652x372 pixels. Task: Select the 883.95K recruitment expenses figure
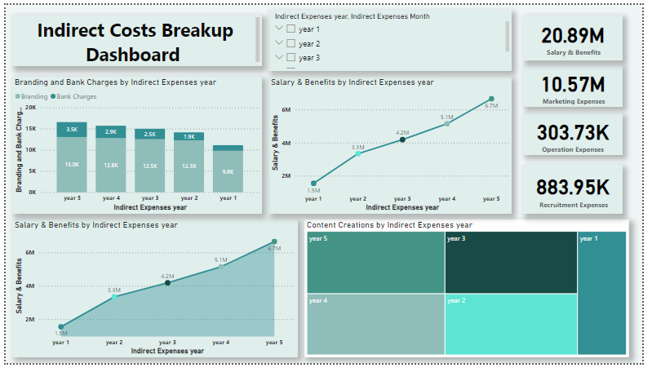click(572, 186)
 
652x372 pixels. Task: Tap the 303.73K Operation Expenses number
click(572, 134)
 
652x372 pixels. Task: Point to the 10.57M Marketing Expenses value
click(572, 84)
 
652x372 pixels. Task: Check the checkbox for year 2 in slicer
click(291, 43)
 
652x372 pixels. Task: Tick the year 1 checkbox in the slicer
click(291, 29)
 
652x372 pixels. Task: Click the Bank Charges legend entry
click(74, 96)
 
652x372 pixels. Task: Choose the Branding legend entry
click(34, 96)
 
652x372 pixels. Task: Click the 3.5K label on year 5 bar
click(72, 129)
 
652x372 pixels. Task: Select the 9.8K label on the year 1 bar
click(228, 171)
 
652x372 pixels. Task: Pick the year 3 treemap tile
click(510, 262)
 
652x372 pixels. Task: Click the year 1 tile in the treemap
click(601, 293)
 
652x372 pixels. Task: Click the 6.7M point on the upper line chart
click(490, 99)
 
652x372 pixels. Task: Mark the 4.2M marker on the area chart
click(167, 282)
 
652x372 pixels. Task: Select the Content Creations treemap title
click(389, 224)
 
